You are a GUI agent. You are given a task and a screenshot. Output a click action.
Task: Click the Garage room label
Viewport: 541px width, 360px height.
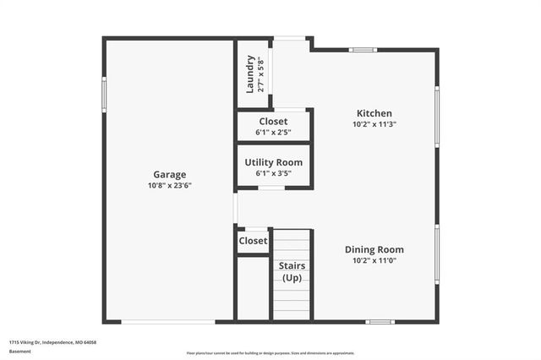click(x=169, y=175)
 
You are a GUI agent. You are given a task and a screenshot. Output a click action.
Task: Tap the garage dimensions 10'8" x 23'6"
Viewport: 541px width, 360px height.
click(x=169, y=185)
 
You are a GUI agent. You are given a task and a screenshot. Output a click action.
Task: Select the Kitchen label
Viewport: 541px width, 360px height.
click(x=374, y=113)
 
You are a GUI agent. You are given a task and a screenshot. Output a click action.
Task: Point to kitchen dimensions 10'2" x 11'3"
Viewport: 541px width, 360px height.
click(x=374, y=123)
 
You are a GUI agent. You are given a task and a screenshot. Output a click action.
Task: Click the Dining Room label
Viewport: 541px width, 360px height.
click(x=374, y=249)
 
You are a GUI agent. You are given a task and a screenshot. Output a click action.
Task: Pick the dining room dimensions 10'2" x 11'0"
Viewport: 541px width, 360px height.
click(x=374, y=260)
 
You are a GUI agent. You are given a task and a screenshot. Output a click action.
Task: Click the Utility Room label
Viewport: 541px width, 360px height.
click(x=273, y=162)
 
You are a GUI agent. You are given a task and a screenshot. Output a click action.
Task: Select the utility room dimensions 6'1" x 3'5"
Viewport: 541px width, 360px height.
click(x=273, y=172)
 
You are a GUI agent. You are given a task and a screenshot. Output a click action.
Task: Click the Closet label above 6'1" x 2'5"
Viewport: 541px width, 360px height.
click(x=273, y=122)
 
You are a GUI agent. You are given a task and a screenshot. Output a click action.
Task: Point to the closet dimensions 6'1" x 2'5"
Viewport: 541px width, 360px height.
click(x=273, y=132)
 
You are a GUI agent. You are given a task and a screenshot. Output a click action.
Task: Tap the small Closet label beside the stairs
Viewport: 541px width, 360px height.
click(x=253, y=241)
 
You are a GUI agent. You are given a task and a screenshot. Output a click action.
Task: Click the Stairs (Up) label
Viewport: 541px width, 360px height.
click(x=292, y=271)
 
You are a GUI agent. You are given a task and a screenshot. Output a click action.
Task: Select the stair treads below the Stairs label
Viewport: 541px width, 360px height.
click(x=292, y=301)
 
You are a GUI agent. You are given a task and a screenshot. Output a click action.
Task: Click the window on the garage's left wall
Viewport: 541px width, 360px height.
click(x=104, y=101)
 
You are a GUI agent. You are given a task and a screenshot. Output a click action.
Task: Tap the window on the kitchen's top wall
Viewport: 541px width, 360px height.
click(x=363, y=49)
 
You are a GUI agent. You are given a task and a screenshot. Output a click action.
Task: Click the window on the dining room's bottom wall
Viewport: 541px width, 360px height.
click(x=381, y=321)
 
